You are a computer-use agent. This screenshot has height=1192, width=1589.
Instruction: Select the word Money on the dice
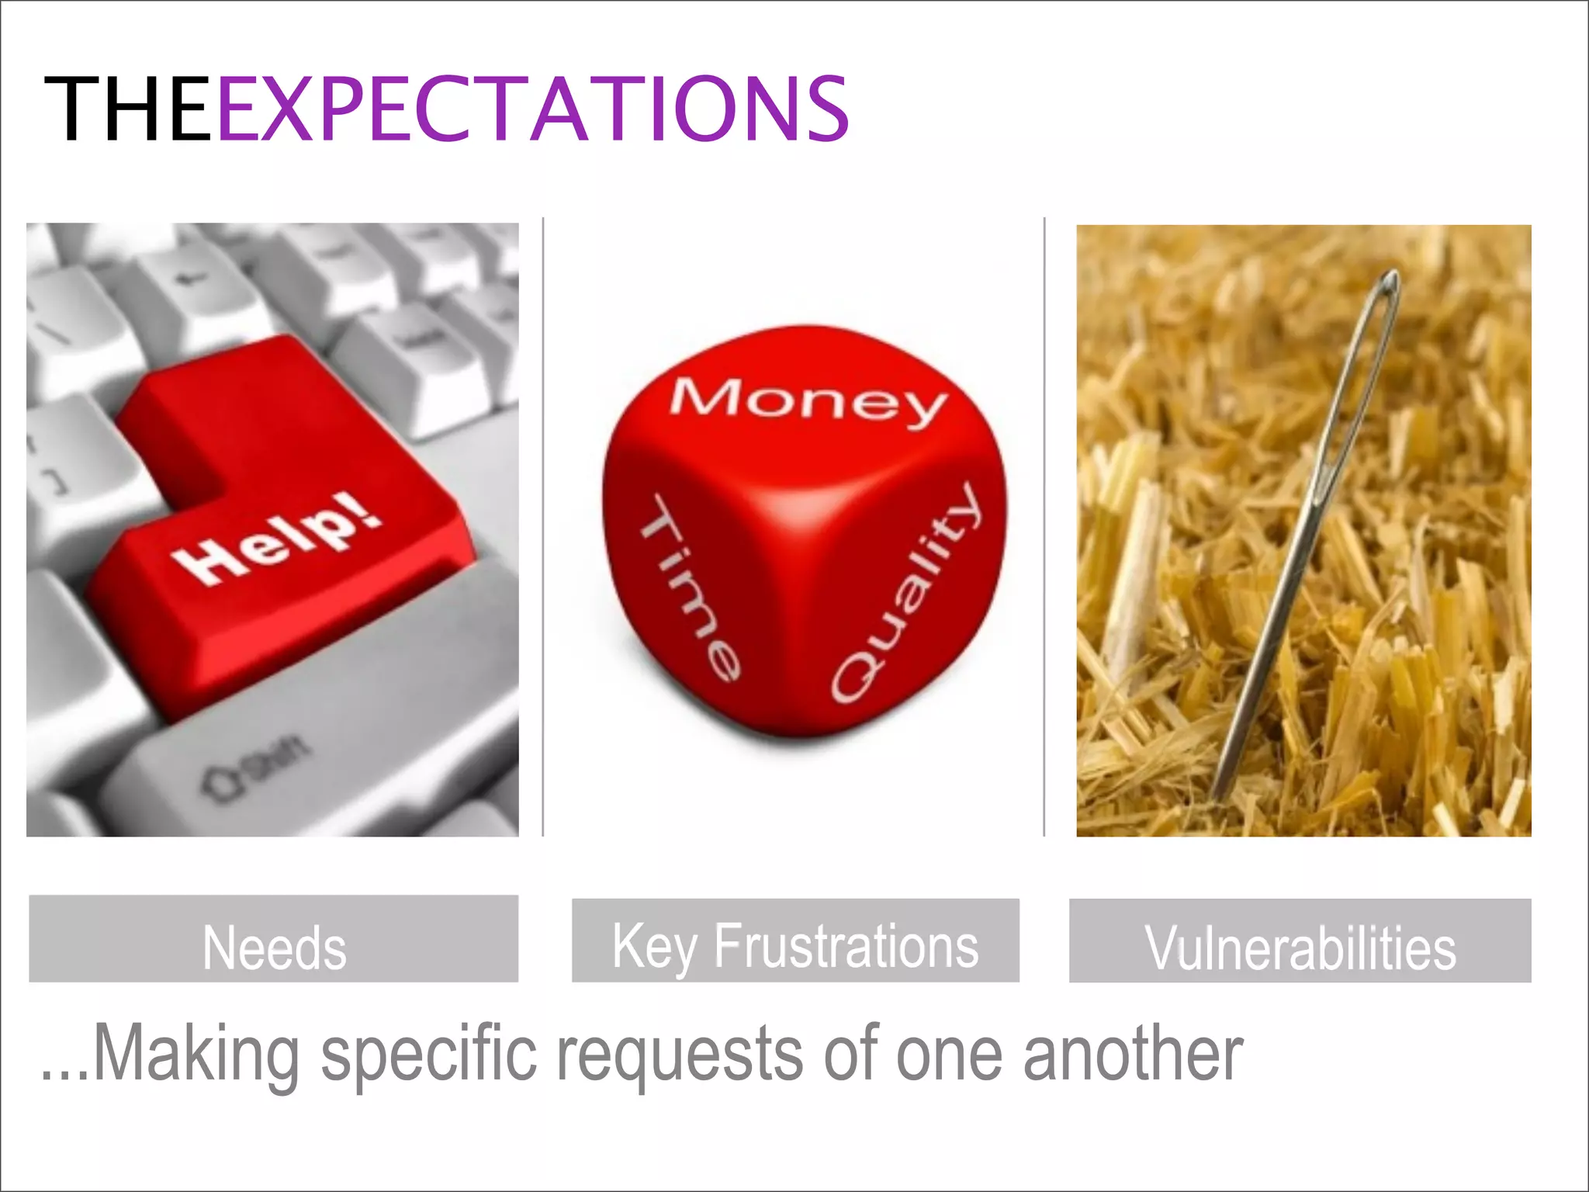click(x=807, y=400)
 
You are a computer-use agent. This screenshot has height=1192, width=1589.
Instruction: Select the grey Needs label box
click(x=273, y=939)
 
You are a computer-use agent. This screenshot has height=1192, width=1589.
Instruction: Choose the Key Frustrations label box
click(x=794, y=940)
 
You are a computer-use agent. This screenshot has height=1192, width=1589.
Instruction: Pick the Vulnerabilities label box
click(x=1300, y=941)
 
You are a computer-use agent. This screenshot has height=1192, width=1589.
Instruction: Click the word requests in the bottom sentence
click(x=680, y=1055)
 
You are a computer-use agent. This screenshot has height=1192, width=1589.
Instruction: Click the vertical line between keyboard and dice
click(x=542, y=528)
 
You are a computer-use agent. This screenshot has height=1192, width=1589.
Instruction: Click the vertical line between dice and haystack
click(x=1044, y=528)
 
